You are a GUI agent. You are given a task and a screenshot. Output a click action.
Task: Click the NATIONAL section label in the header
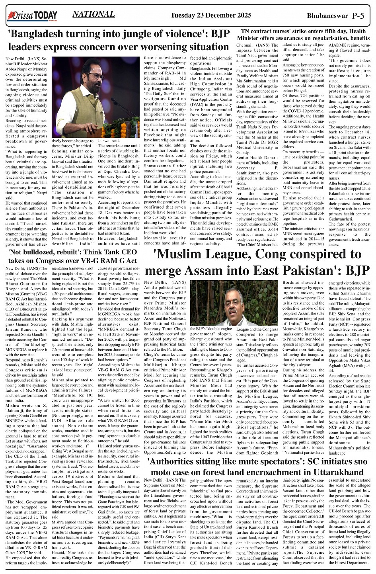[x=94, y=14]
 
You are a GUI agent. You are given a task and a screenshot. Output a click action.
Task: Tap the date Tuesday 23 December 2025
[x=211, y=16]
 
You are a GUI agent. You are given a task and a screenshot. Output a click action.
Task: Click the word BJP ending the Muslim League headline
[x=353, y=271]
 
